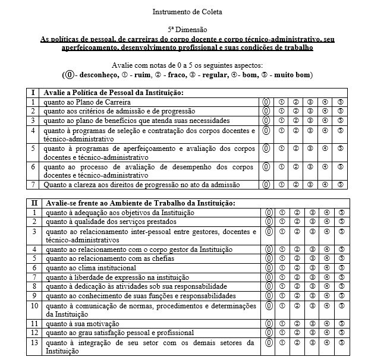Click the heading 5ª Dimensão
[x=184, y=29]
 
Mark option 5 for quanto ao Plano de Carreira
[x=341, y=102]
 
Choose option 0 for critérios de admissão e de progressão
[x=268, y=111]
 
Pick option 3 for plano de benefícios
[x=310, y=121]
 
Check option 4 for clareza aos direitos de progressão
[x=326, y=185]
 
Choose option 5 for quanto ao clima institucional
[x=341, y=268]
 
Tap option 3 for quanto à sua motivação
[x=310, y=324]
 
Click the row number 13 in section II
[x=35, y=343]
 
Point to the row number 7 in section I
[x=34, y=185]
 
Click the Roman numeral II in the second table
[x=35, y=203]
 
